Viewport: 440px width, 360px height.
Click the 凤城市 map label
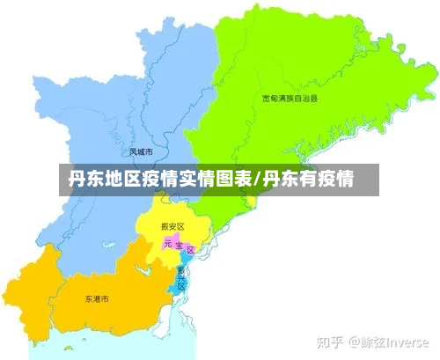pyautogui.click(x=142, y=151)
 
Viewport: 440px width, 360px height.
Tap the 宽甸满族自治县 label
pyautogui.click(x=290, y=99)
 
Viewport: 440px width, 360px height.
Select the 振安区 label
pyautogui.click(x=172, y=226)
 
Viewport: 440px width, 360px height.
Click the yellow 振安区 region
pyautogui.click(x=158, y=220)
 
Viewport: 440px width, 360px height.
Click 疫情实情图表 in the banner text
pyautogui.click(x=197, y=181)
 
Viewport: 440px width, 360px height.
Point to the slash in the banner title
pyautogui.click(x=256, y=181)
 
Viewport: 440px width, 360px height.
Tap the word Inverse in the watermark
pyautogui.click(x=407, y=341)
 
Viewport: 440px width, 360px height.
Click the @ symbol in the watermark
pyautogui.click(x=356, y=341)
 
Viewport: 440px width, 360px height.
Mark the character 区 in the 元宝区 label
pyautogui.click(x=190, y=250)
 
